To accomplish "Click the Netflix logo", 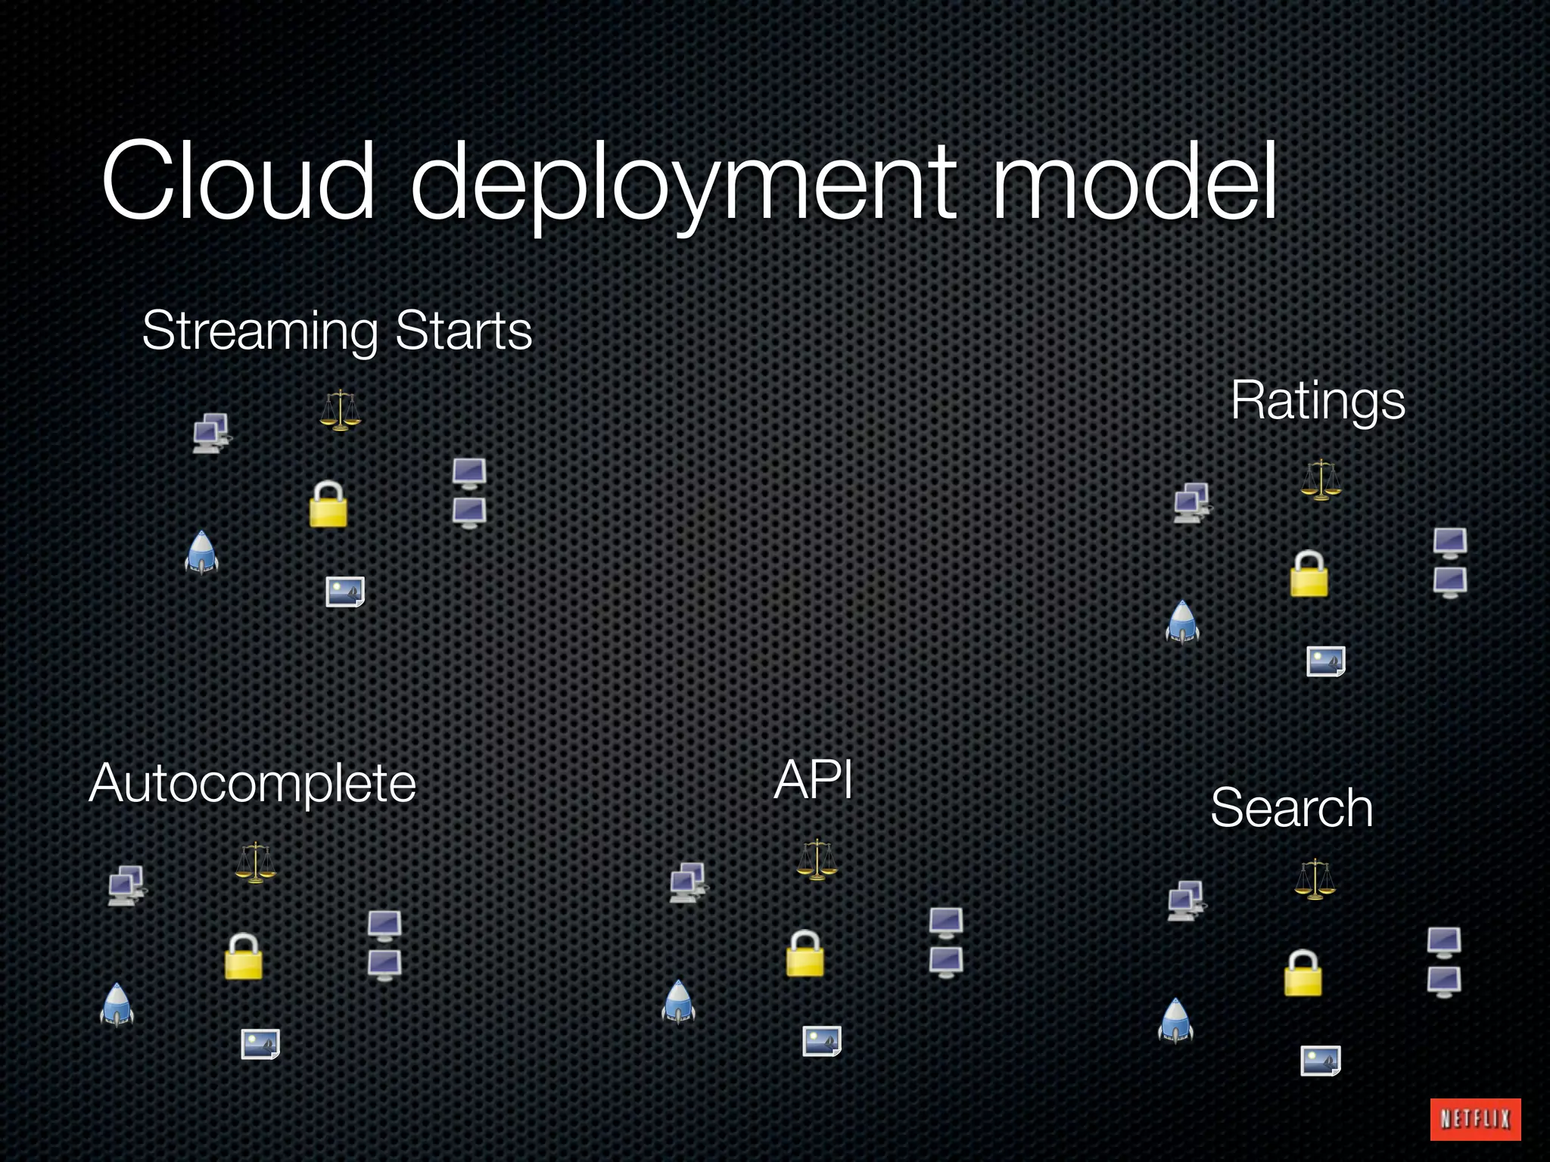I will pos(1474,1119).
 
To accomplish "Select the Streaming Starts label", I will pos(337,331).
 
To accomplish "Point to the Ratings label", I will pos(1318,400).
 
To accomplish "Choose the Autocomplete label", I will pos(253,784).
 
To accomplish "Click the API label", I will pos(814,780).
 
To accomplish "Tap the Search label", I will pos(1291,808).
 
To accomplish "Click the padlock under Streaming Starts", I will pos(328,504).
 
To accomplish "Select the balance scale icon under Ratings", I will pos(1321,480).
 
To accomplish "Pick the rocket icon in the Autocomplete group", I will pos(117,1005).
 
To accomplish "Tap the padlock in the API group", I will pos(805,953).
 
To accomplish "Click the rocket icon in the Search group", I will pos(1175,1021).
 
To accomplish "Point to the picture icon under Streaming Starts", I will pos(345,592).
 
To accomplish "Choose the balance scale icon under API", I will pos(817,859).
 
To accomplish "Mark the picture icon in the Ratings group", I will pos(1325,661).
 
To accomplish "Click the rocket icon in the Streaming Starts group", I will pos(201,552).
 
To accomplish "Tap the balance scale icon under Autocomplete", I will pos(255,862).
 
